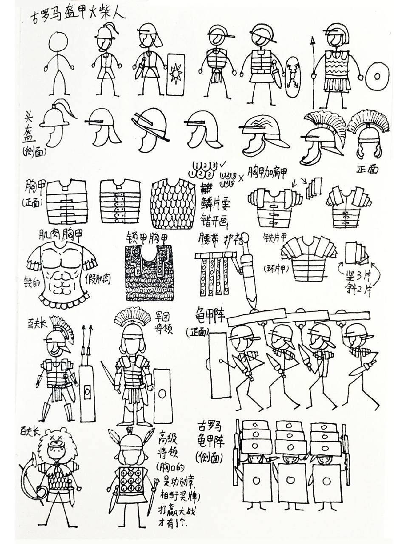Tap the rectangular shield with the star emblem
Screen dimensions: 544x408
175,74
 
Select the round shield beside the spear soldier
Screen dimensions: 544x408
377,76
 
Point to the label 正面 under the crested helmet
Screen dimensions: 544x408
368,169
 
